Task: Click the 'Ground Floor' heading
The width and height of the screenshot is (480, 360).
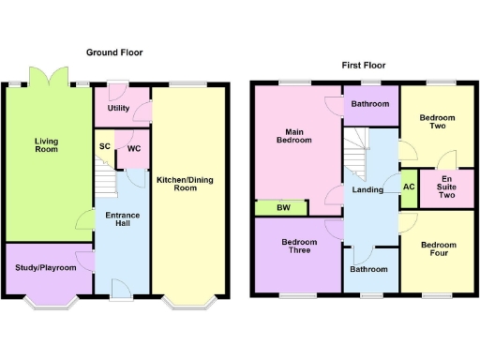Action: [x=114, y=53]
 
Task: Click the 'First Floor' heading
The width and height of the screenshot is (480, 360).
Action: [x=364, y=66]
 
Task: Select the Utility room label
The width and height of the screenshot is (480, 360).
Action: [x=118, y=109]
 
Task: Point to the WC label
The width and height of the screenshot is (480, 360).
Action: [x=133, y=148]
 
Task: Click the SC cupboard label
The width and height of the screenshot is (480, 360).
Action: [x=104, y=146]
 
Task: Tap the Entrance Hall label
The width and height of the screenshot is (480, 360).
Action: [x=122, y=221]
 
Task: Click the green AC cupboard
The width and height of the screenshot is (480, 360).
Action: [x=408, y=186]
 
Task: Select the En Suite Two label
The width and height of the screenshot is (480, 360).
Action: [x=446, y=188]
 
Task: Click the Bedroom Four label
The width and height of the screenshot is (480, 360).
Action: [x=438, y=250]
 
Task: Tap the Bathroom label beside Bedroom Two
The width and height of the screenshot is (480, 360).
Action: [x=371, y=104]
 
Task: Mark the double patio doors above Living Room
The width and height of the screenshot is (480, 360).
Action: [x=47, y=76]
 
